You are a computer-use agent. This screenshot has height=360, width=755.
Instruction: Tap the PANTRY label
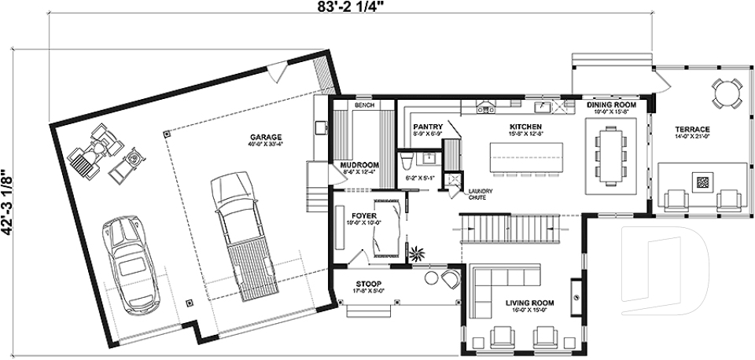pos(428,126)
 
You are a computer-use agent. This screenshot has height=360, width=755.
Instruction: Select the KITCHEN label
pos(524,126)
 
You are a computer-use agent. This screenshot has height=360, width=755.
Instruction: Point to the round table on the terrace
pos(726,94)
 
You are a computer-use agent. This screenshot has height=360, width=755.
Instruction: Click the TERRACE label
pos(692,129)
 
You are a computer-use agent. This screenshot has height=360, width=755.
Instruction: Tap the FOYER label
pos(363,215)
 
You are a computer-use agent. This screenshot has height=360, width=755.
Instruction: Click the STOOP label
pos(367,284)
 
